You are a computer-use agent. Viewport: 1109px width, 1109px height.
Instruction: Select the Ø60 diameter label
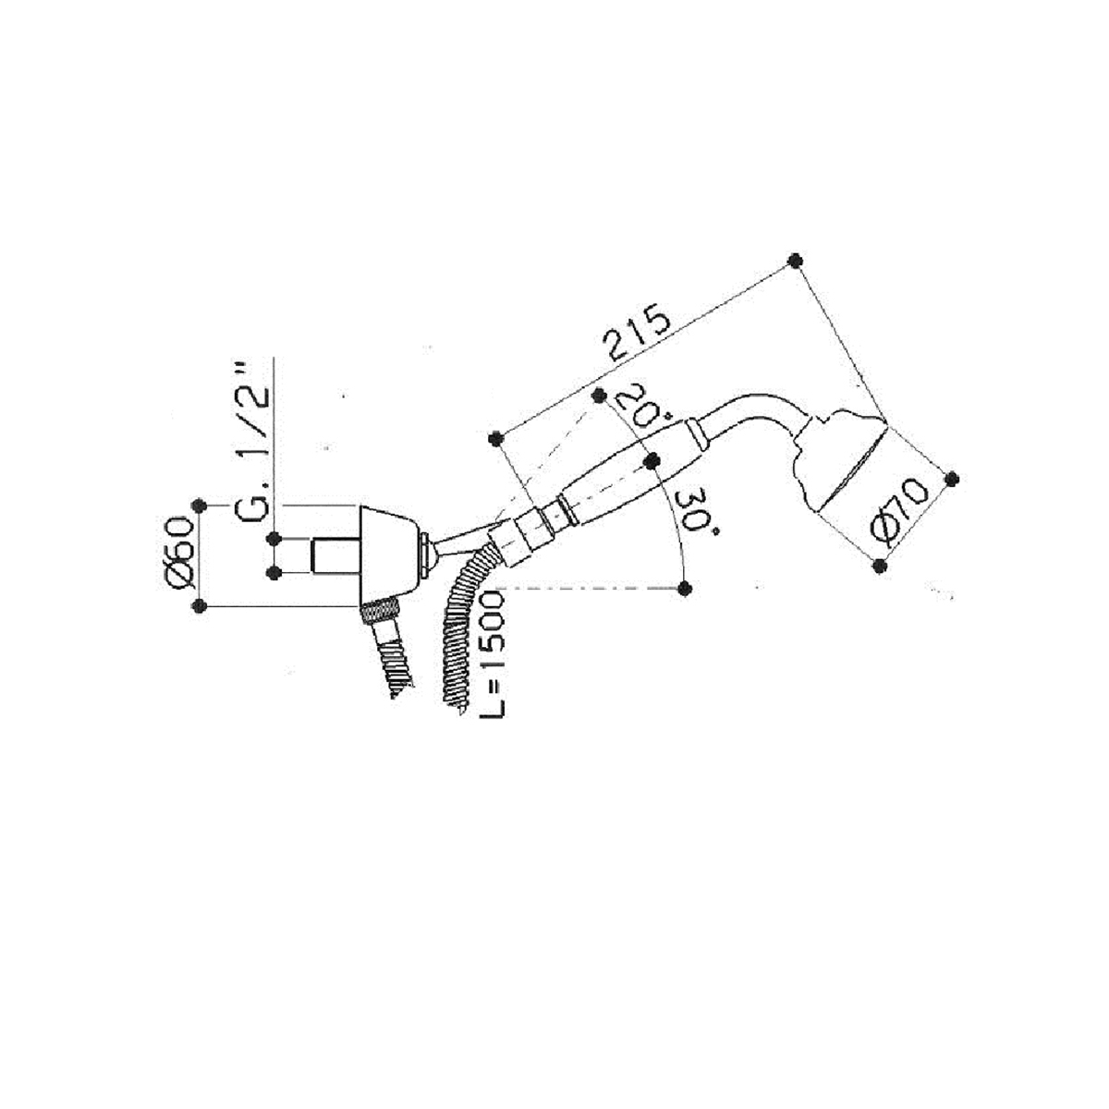tap(177, 554)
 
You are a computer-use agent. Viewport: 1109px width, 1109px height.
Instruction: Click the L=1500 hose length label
tap(492, 655)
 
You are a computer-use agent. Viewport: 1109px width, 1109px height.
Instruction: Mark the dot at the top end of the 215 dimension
tap(795, 260)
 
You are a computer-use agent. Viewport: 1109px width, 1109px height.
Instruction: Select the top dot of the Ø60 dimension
tap(199, 506)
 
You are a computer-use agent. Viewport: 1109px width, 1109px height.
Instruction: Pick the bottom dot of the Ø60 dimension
tap(199, 605)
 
